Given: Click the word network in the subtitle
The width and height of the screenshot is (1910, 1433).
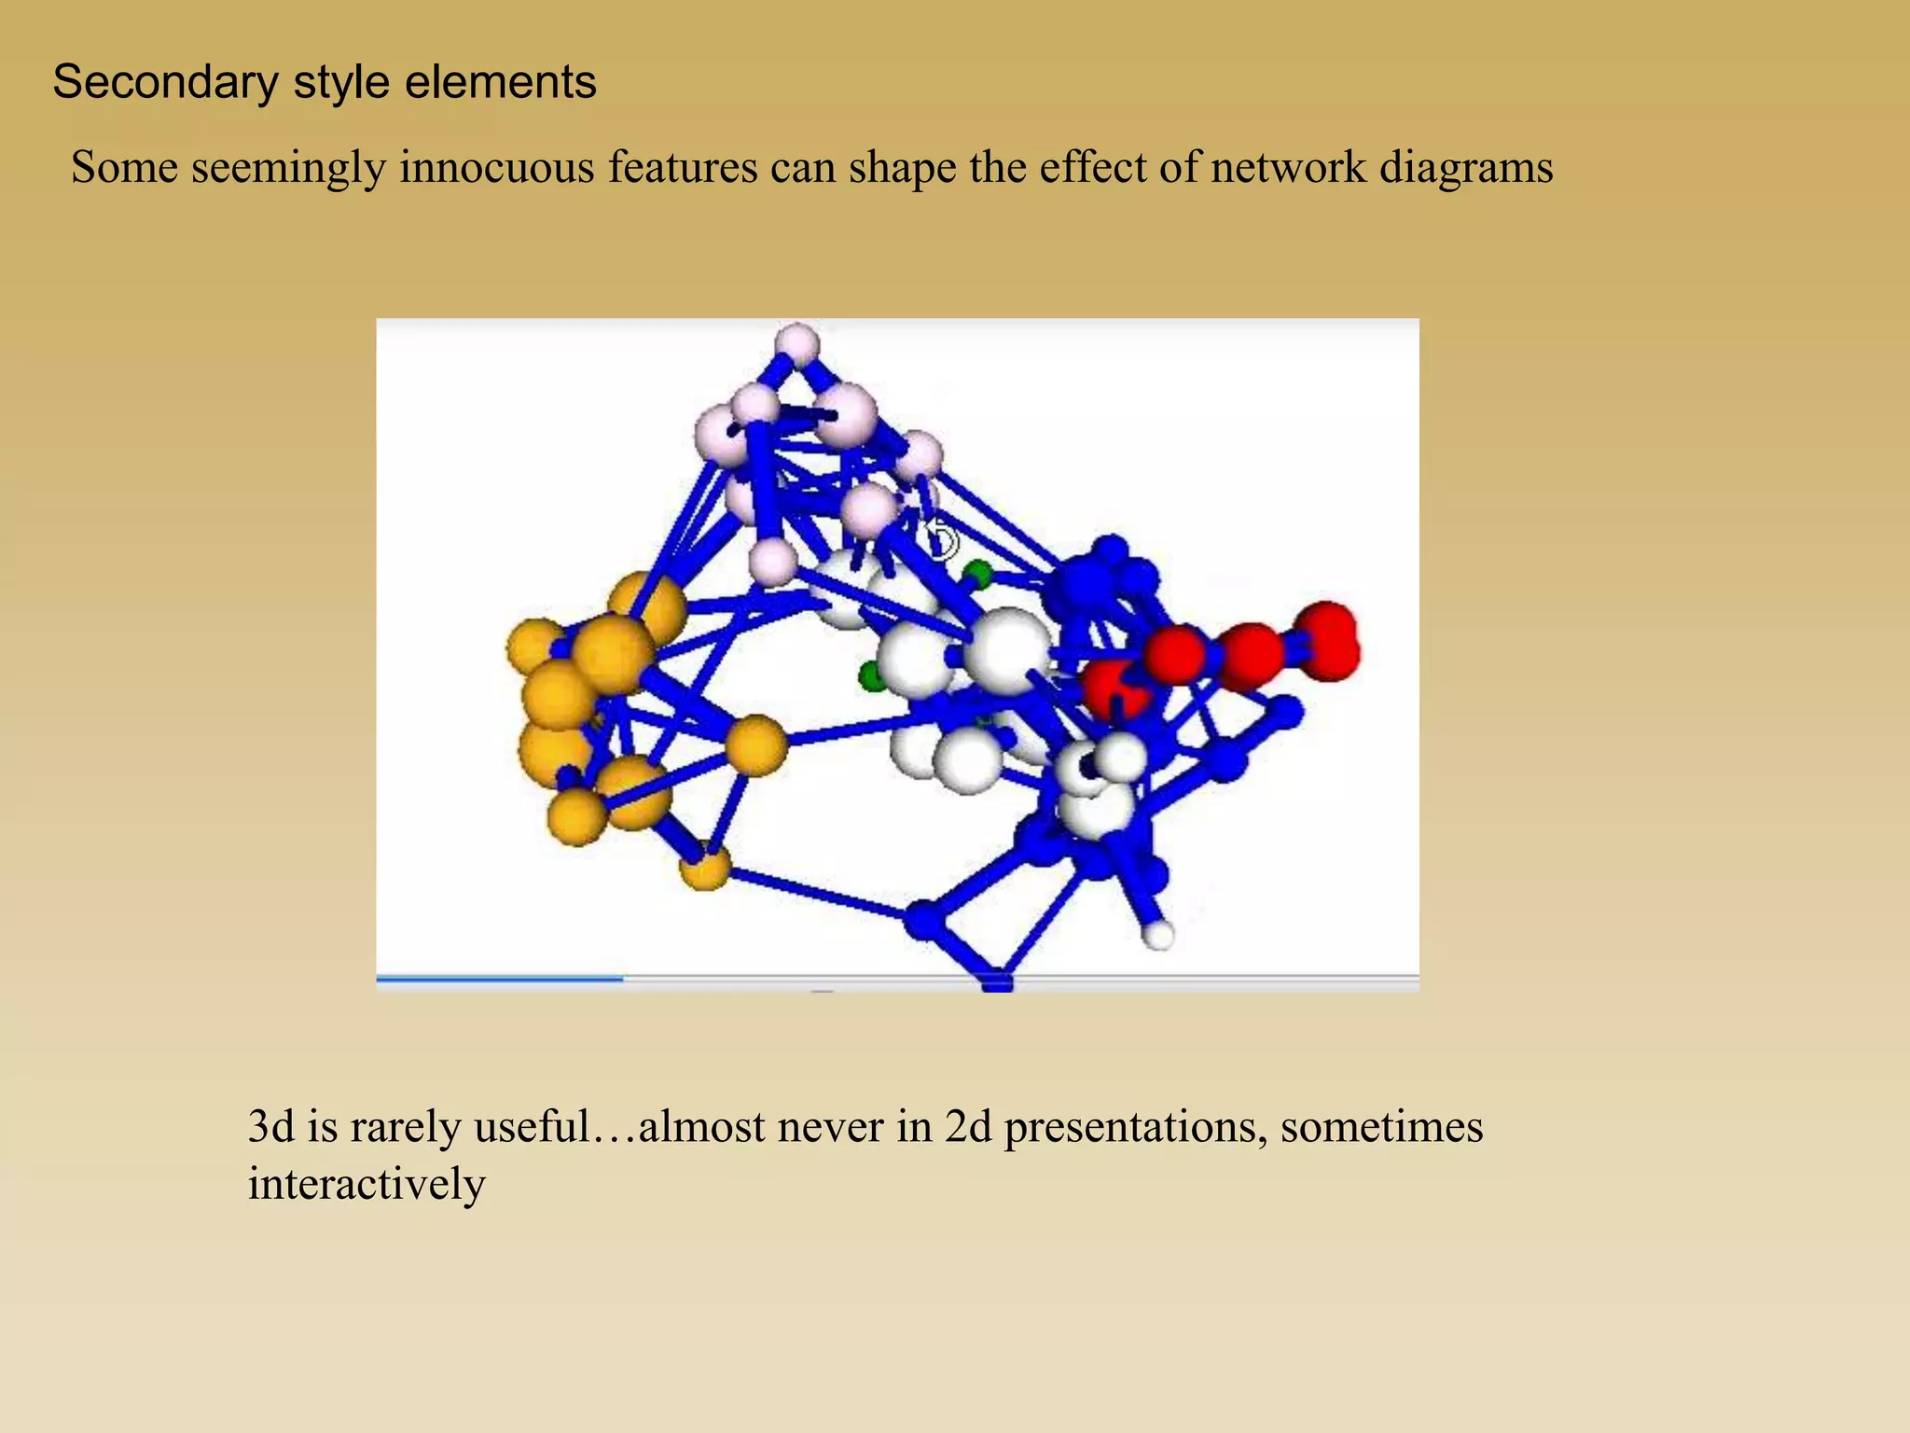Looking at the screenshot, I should tap(1288, 168).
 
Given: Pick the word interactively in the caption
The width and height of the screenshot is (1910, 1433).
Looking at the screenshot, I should tap(367, 1184).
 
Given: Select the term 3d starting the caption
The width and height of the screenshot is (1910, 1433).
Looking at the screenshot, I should tap(270, 1126).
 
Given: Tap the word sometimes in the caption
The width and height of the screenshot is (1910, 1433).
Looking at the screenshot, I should tap(1381, 1126).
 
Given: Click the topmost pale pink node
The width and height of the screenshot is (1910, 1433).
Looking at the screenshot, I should tap(796, 345).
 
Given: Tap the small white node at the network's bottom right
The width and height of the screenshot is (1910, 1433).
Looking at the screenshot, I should tap(1158, 934).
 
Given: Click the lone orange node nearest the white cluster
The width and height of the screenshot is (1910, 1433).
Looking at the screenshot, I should tap(755, 744).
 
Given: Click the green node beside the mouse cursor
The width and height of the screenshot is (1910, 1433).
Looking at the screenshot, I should tap(976, 573).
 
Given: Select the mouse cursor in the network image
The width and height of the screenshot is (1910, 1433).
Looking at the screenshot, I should tap(943, 539).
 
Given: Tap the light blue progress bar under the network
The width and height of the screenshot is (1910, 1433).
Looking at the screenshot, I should tap(500, 979).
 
